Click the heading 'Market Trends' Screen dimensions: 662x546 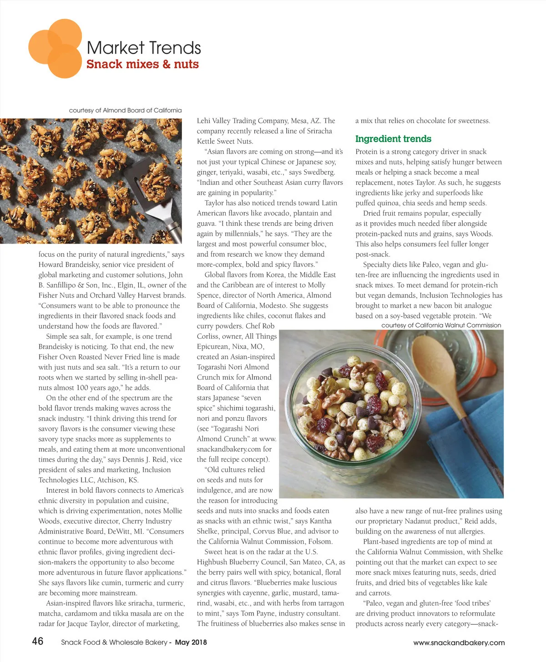143,48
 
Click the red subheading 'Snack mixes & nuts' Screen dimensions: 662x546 142,64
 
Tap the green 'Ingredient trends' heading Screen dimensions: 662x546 393,139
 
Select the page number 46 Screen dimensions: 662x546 38,641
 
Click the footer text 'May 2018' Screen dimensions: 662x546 191,642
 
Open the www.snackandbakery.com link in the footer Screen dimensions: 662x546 459,643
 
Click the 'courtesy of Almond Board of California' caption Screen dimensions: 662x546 125,110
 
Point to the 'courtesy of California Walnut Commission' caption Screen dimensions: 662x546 441,325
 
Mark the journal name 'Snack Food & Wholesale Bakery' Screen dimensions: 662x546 114,642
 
